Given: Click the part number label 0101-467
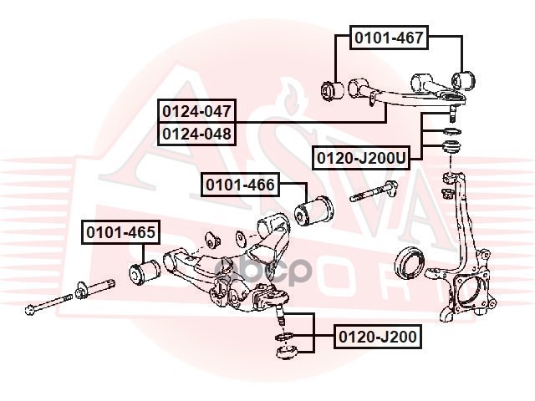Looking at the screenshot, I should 389,37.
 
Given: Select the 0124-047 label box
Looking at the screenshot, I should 197,110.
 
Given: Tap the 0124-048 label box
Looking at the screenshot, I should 197,133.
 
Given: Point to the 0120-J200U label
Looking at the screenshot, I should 361,157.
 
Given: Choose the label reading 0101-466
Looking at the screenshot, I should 240,185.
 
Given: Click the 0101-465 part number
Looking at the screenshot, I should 119,233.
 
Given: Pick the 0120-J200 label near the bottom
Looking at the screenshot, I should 377,337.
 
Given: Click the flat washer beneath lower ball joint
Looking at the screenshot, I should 283,338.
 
